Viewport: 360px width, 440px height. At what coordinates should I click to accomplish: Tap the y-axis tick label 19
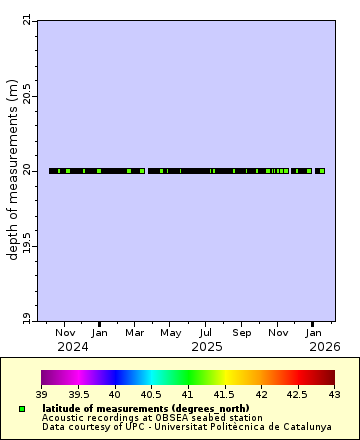pyautogui.click(x=26, y=319)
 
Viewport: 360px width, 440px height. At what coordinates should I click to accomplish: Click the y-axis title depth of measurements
pyautogui.click(x=12, y=170)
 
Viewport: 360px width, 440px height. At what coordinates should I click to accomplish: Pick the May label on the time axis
pyautogui.click(x=171, y=332)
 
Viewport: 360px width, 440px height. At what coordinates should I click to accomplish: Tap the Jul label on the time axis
pyautogui.click(x=206, y=332)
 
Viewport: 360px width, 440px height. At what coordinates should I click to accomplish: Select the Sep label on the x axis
pyautogui.click(x=241, y=332)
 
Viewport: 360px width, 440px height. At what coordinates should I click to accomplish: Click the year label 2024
pyautogui.click(x=73, y=347)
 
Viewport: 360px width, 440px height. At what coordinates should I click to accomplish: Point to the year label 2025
pyautogui.click(x=206, y=347)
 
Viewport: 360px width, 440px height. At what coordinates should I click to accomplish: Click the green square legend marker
pyautogui.click(x=21, y=409)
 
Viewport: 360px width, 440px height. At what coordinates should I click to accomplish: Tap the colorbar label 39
pyautogui.click(x=41, y=395)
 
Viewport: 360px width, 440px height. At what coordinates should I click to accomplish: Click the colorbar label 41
pyautogui.click(x=188, y=395)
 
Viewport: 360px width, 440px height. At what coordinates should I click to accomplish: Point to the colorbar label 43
pyautogui.click(x=334, y=395)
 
